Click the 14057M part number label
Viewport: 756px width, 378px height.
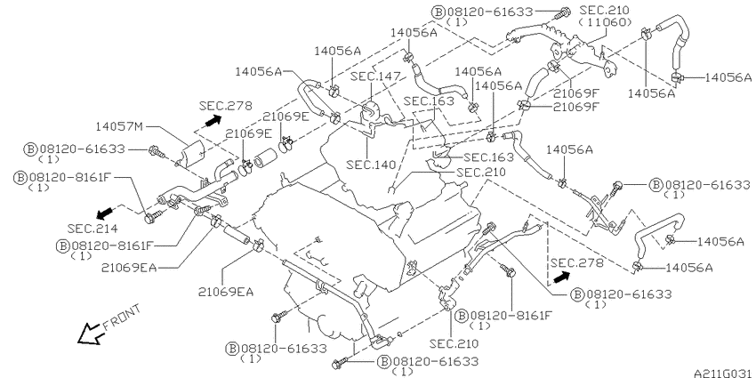tap(119, 126)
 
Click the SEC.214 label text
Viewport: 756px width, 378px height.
tap(92, 228)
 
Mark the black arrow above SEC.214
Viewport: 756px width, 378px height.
tap(104, 213)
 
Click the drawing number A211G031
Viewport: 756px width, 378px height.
tap(724, 374)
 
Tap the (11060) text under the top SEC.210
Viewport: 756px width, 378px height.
tap(605, 22)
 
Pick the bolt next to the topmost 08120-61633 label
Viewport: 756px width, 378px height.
tap(561, 13)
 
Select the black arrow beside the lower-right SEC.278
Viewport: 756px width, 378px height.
tap(561, 277)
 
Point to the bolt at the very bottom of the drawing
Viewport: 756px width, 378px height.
tap(340, 363)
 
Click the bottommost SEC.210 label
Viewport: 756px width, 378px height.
tap(454, 343)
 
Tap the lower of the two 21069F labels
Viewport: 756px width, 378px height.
tap(575, 107)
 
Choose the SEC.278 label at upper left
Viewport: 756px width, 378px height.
tap(226, 106)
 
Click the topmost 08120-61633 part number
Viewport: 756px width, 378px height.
tap(490, 12)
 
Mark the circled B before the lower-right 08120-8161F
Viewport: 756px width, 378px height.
tap(462, 316)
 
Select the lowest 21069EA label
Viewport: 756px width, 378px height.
tap(226, 292)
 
